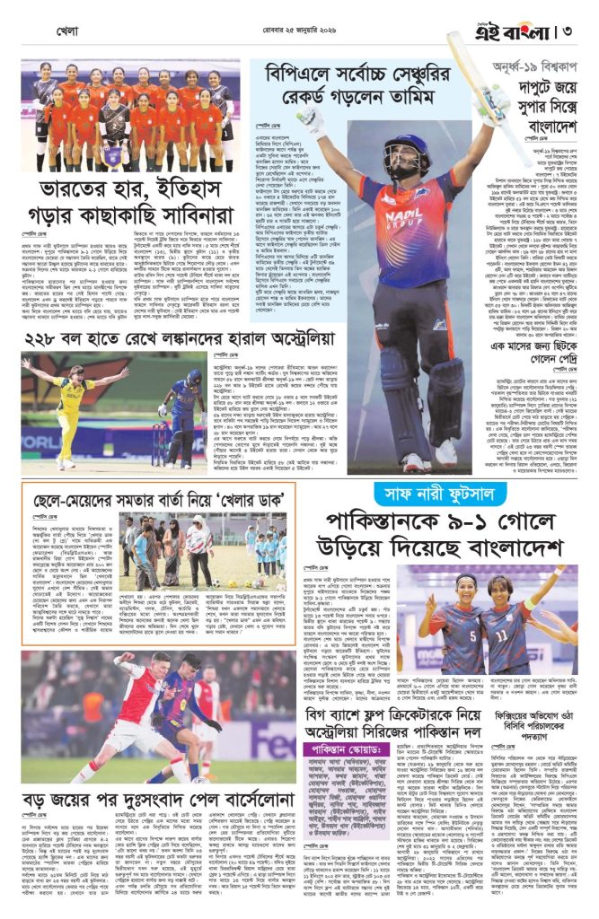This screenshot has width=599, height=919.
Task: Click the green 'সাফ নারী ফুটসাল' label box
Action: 427,493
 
